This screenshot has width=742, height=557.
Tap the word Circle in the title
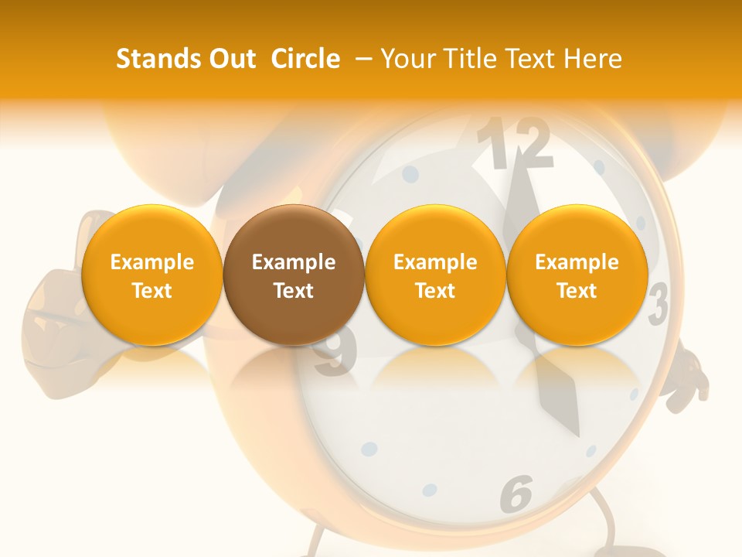(305, 59)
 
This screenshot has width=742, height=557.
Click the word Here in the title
(593, 59)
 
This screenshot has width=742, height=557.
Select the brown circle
(294, 275)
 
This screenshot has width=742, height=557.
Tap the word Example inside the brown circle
(294, 262)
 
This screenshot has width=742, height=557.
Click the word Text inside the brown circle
(294, 291)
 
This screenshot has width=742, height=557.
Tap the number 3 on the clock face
(658, 304)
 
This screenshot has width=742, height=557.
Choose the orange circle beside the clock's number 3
(577, 275)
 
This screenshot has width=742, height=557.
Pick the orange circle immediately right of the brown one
(435, 275)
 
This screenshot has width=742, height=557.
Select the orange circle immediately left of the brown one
(151, 275)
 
